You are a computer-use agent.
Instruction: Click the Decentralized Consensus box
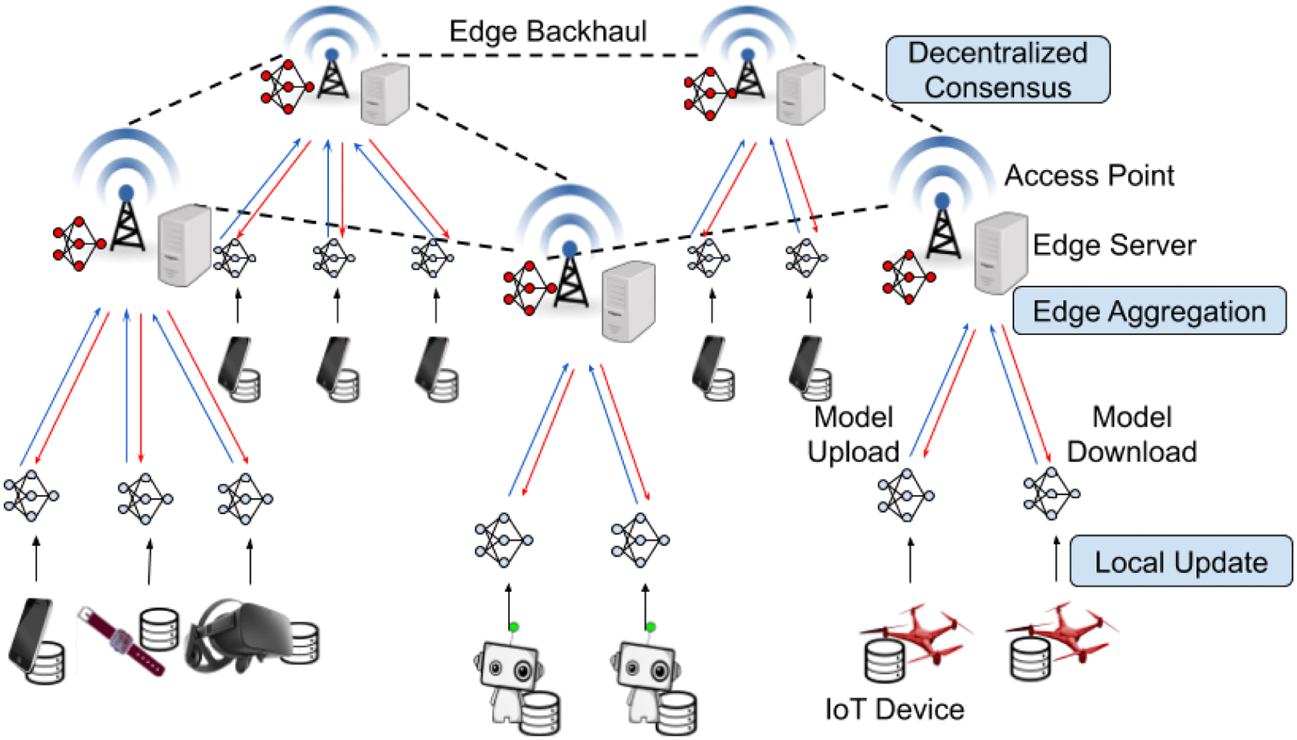click(x=998, y=69)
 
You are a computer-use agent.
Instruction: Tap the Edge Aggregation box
click(x=1149, y=311)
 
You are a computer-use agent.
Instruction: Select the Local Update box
click(x=1180, y=562)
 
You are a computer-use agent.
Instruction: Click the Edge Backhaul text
click(x=548, y=31)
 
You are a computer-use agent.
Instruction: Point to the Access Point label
click(x=1089, y=175)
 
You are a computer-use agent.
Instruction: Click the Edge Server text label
click(x=1114, y=245)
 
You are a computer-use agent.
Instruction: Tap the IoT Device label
click(x=894, y=710)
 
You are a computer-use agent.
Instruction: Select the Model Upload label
click(x=853, y=435)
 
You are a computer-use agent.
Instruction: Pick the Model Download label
click(x=1132, y=435)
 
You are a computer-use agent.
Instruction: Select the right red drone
click(x=1065, y=630)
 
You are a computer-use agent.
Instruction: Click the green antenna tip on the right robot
click(x=650, y=627)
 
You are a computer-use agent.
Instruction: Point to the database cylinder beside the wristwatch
click(x=159, y=629)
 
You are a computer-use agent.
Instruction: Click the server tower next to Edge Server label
click(x=1000, y=252)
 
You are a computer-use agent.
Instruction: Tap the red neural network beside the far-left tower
click(x=78, y=243)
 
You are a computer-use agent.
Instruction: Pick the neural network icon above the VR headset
click(x=245, y=499)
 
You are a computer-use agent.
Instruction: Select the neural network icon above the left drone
click(x=906, y=495)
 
